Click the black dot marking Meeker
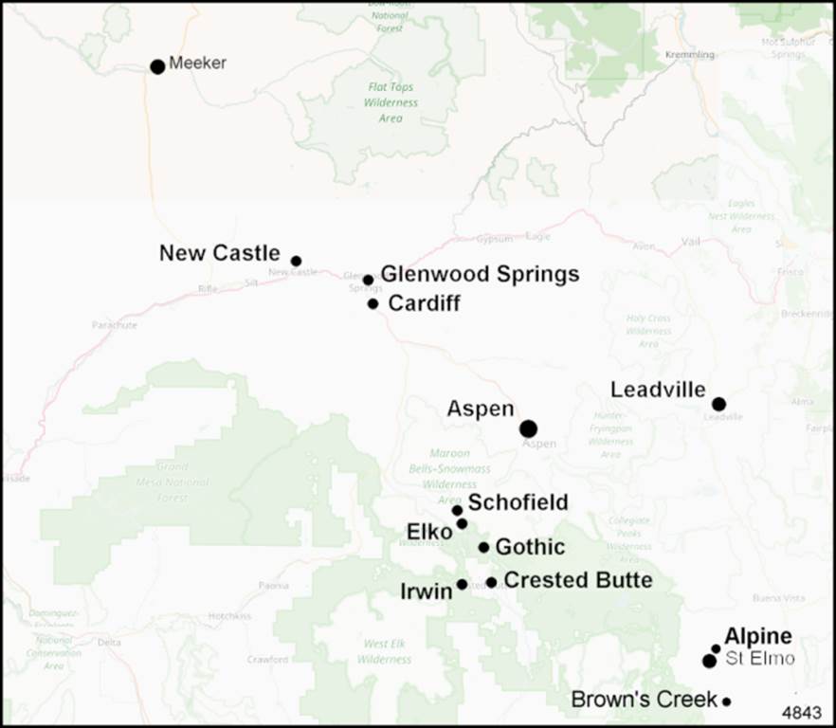pos(157,66)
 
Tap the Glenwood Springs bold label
pos(480,275)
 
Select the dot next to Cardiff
pos(373,304)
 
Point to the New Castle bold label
pos(219,254)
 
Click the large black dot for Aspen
pos(528,428)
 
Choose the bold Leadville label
pos(658,390)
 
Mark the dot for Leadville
pos(718,404)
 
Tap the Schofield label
pos(518,502)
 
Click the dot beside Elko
pos(462,523)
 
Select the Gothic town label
pos(530,547)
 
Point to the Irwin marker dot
pos(462,584)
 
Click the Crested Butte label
pos(577,580)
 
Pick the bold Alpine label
pos(757,637)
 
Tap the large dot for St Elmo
pos(709,661)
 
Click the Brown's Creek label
pos(644,701)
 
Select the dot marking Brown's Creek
pos(726,701)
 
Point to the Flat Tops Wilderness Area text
pos(391,102)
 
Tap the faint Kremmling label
pos(691,55)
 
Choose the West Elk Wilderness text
pos(386,651)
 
